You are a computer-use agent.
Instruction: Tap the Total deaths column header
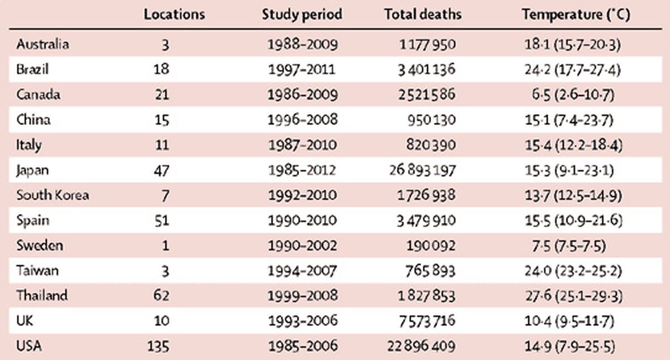click(423, 15)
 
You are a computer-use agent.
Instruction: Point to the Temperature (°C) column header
click(576, 15)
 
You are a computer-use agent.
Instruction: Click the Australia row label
click(42, 44)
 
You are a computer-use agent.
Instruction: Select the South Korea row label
click(52, 195)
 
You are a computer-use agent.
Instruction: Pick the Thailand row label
click(42, 296)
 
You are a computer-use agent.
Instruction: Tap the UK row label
click(26, 321)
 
